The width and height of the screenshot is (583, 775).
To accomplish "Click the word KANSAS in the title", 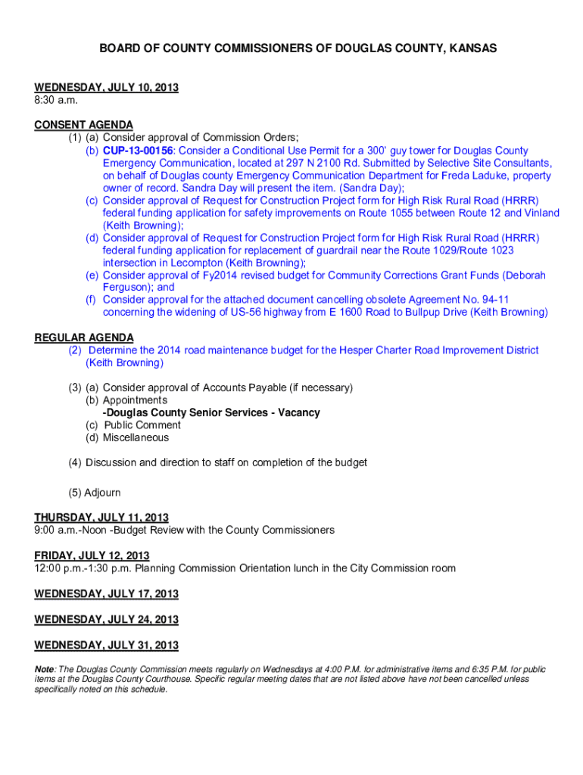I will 469,48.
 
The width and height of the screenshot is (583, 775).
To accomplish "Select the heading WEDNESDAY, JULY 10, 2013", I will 106,88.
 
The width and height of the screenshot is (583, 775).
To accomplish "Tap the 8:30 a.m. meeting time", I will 56,100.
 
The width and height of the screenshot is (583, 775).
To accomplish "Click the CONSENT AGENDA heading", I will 83,125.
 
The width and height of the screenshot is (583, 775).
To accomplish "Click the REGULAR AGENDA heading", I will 83,338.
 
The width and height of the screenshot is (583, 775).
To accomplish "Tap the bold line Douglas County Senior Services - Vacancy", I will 211,412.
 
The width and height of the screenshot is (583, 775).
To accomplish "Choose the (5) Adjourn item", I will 94,493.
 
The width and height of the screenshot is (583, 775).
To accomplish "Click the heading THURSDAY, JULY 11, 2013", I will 101,518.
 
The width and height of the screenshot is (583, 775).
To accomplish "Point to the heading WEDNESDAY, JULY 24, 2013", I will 106,620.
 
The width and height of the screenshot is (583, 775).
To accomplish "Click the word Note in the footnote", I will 44,670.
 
